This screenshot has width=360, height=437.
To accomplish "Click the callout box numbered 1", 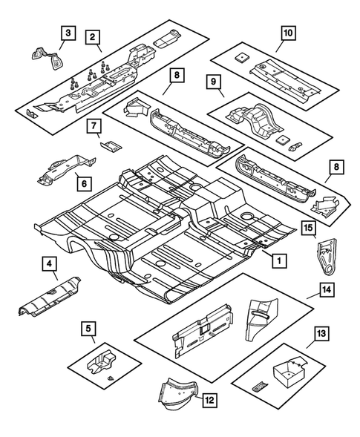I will pos(279,260).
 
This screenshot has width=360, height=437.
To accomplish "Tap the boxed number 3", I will pos(68,32).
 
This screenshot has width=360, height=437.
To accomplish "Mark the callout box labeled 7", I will pos(96,126).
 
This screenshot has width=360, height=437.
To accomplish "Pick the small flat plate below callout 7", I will pos(109,146).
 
